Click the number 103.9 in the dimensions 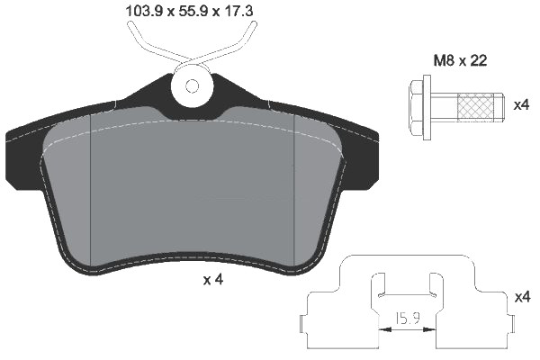140,12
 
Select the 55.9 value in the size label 187,12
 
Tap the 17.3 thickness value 231,12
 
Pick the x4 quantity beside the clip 520,296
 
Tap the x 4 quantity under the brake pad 212,280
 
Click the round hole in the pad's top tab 193,85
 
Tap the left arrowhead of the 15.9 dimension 386,330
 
